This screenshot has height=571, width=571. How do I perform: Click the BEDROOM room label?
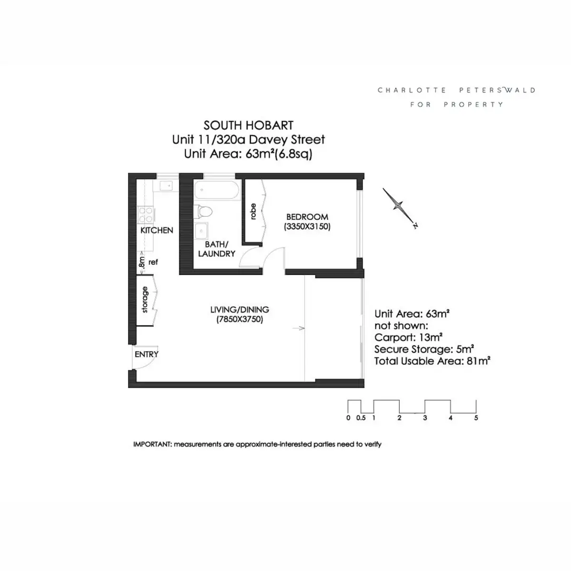tap(307, 217)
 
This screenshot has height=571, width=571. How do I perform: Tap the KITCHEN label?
tap(157, 230)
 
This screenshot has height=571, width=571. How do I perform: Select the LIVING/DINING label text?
tap(240, 310)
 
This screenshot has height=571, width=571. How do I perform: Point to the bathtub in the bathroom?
tap(217, 190)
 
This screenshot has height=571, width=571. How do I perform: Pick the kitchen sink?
tap(166, 186)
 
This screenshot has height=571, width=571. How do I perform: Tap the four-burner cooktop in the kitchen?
tap(146, 215)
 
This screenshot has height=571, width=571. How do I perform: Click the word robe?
tap(253, 211)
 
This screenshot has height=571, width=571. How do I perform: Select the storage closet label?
tap(145, 300)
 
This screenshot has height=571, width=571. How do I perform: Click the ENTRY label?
tap(147, 354)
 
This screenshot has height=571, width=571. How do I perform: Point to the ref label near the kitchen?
tap(153, 262)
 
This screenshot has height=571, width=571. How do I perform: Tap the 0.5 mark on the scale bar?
tap(361, 418)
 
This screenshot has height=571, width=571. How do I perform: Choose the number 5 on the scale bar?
tap(476, 418)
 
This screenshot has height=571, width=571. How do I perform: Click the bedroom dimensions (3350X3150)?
tap(307, 226)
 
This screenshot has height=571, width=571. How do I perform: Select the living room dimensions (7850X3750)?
tap(240, 319)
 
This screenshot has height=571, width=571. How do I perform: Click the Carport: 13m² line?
tap(408, 337)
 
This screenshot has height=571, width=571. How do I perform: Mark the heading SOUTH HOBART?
tap(248, 126)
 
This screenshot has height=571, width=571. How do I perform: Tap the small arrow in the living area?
tap(298, 328)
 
